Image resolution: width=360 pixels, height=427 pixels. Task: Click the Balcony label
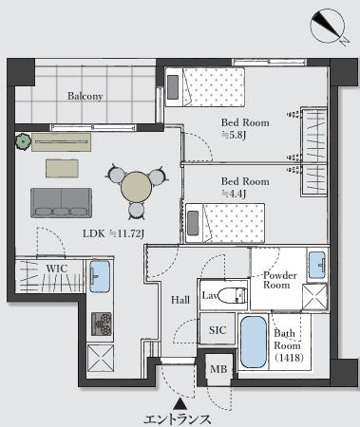tap(85, 96)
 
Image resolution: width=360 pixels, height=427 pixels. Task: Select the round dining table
tap(137, 189)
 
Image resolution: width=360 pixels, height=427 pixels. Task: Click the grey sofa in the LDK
tap(61, 203)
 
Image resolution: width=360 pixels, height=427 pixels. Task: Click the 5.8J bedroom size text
tap(234, 135)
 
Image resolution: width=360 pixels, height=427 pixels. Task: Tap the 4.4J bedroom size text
tap(234, 194)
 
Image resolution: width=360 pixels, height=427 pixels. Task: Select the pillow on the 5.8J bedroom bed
tap(173, 86)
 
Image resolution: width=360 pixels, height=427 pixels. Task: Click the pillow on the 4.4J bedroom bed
tap(193, 223)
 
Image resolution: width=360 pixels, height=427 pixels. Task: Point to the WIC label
tap(57, 269)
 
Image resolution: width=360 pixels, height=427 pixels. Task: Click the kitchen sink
tap(100, 276)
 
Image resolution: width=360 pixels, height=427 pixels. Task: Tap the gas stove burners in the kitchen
tap(102, 324)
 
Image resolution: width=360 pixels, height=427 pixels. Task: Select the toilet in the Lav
tap(233, 295)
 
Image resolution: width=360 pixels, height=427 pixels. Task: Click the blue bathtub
tap(254, 342)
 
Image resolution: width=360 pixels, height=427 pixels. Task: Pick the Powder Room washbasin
tap(317, 265)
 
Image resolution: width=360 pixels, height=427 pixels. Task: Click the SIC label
tap(218, 330)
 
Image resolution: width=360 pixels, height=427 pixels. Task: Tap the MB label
tap(218, 369)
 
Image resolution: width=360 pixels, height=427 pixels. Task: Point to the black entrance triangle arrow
tap(180, 403)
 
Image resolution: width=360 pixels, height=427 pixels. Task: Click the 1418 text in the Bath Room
tap(290, 358)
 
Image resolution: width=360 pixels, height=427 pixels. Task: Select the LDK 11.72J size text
tap(114, 233)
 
